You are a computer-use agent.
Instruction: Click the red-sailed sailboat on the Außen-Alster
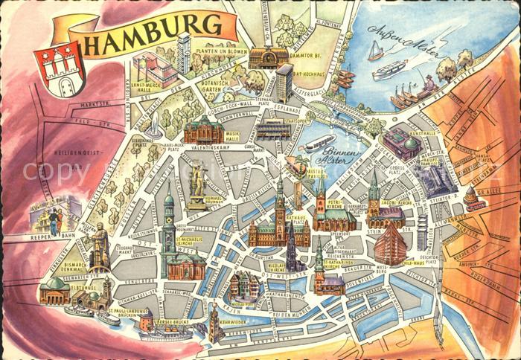(x=377, y=50)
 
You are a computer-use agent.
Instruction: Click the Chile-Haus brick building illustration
(x=391, y=245)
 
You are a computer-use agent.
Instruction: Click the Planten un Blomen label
(x=223, y=43)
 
